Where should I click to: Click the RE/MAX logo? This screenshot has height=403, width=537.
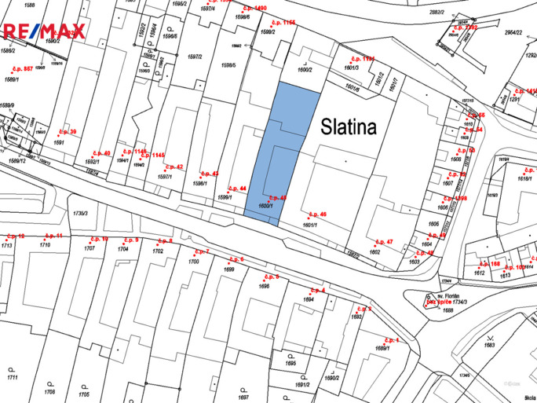click(x=43, y=31)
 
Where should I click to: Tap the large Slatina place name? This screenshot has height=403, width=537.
click(x=348, y=127)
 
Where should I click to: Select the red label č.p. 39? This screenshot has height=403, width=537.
click(x=68, y=132)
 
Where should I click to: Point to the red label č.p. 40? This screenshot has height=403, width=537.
click(x=102, y=152)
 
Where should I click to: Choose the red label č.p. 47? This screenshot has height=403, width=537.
click(x=384, y=242)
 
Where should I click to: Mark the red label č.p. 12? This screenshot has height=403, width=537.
click(x=15, y=236)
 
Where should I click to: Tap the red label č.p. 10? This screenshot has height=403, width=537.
click(x=99, y=238)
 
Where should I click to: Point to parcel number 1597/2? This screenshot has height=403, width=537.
click(x=195, y=57)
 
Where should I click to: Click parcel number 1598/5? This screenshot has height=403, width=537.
click(x=228, y=65)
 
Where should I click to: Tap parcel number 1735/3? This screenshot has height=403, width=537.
click(x=79, y=213)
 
